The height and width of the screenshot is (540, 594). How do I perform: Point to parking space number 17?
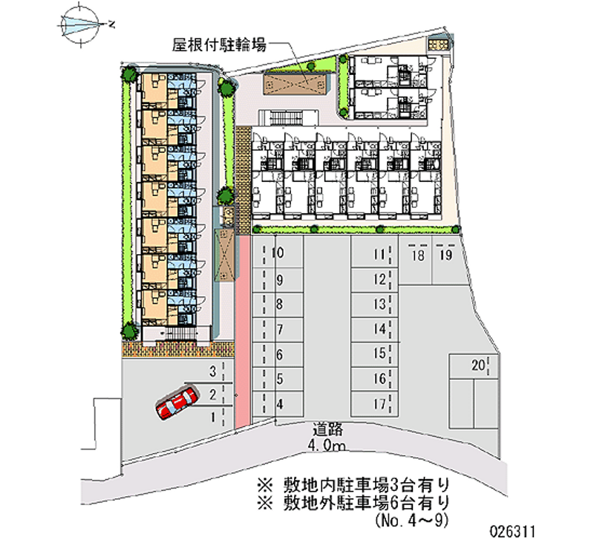(x=379, y=405)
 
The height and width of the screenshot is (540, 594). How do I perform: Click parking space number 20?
(x=478, y=365)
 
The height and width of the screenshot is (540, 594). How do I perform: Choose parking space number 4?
(x=279, y=405)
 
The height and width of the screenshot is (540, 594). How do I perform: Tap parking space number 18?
(x=418, y=256)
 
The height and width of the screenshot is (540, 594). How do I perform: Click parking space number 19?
(x=446, y=256)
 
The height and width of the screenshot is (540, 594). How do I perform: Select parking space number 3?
(x=212, y=371)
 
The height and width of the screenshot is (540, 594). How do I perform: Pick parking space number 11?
(x=379, y=256)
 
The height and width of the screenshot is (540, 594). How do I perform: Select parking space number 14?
(x=379, y=329)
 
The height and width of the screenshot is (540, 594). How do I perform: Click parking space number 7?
(x=279, y=330)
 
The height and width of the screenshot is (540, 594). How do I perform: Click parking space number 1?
(x=213, y=417)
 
